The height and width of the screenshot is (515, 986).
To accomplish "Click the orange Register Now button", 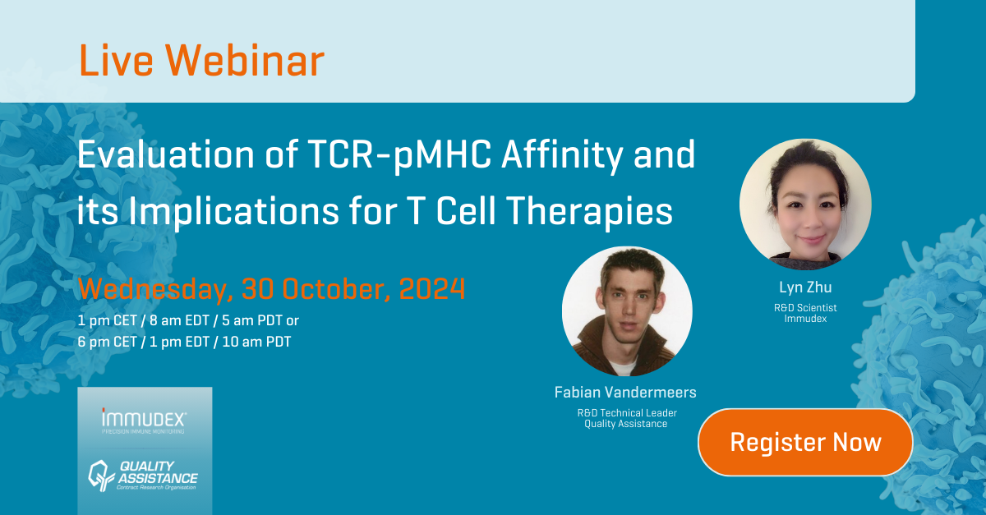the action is [805, 442].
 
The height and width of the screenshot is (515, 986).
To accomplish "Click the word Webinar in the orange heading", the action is [245, 61].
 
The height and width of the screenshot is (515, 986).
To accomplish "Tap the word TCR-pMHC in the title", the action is [399, 155].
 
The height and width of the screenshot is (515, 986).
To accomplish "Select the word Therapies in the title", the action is [590, 211].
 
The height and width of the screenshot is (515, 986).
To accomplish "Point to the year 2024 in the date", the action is [432, 289].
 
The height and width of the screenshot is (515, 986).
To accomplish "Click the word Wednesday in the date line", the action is [155, 290].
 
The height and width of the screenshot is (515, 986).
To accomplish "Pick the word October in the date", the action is [336, 290].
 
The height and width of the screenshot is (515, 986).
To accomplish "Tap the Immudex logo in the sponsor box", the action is [144, 421].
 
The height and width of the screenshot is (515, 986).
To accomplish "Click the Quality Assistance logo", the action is [144, 476].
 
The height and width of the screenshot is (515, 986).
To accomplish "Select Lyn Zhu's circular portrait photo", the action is [805, 205].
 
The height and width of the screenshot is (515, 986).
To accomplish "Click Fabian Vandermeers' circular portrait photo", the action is [627, 311].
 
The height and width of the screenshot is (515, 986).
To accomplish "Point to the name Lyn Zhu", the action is [805, 287].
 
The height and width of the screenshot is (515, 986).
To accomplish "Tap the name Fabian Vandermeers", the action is [625, 392].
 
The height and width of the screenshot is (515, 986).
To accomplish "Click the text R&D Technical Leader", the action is [627, 413].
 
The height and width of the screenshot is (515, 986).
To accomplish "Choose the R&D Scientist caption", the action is [805, 308].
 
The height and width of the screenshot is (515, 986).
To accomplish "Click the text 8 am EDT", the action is [179, 320].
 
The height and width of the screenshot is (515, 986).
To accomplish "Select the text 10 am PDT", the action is [256, 342].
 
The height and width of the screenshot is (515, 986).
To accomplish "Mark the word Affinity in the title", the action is [562, 155].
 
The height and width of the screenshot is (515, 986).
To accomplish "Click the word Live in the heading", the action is [116, 61].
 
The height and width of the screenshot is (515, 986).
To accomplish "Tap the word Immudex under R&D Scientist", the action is [805, 319].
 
